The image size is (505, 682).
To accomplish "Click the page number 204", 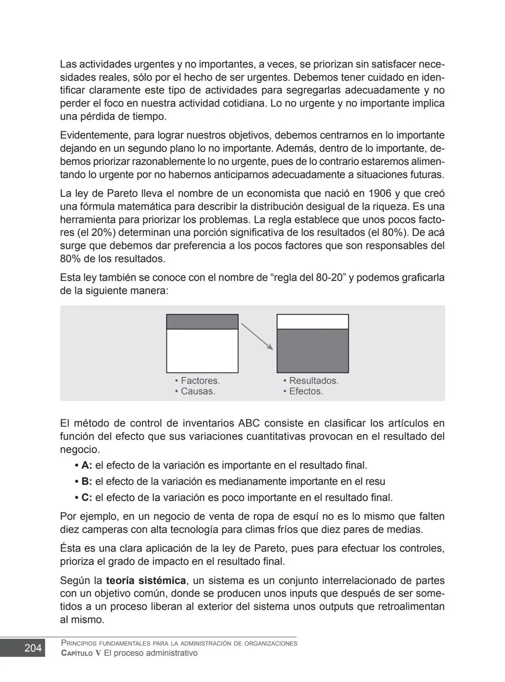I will [33, 648].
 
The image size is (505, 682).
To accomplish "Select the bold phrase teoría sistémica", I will [146, 581].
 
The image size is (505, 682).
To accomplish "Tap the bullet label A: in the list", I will [87, 466].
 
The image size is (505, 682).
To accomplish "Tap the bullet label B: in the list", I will [87, 481].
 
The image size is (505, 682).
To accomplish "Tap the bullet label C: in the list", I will [87, 497].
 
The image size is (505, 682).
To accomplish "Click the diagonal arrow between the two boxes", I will [257, 337].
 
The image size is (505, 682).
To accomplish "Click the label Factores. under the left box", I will [200, 380].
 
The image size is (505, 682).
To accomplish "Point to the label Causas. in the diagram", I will [197, 391].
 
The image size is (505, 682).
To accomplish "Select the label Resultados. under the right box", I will [313, 380].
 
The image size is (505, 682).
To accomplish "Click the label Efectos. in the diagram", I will [305, 391].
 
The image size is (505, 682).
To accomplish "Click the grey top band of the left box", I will [202, 322].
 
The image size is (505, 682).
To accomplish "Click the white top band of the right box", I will [312, 322].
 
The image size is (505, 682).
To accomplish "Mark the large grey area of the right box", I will [312, 351].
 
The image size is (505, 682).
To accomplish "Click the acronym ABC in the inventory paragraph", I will [249, 424].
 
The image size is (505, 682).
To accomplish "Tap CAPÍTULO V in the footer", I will [81, 653].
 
